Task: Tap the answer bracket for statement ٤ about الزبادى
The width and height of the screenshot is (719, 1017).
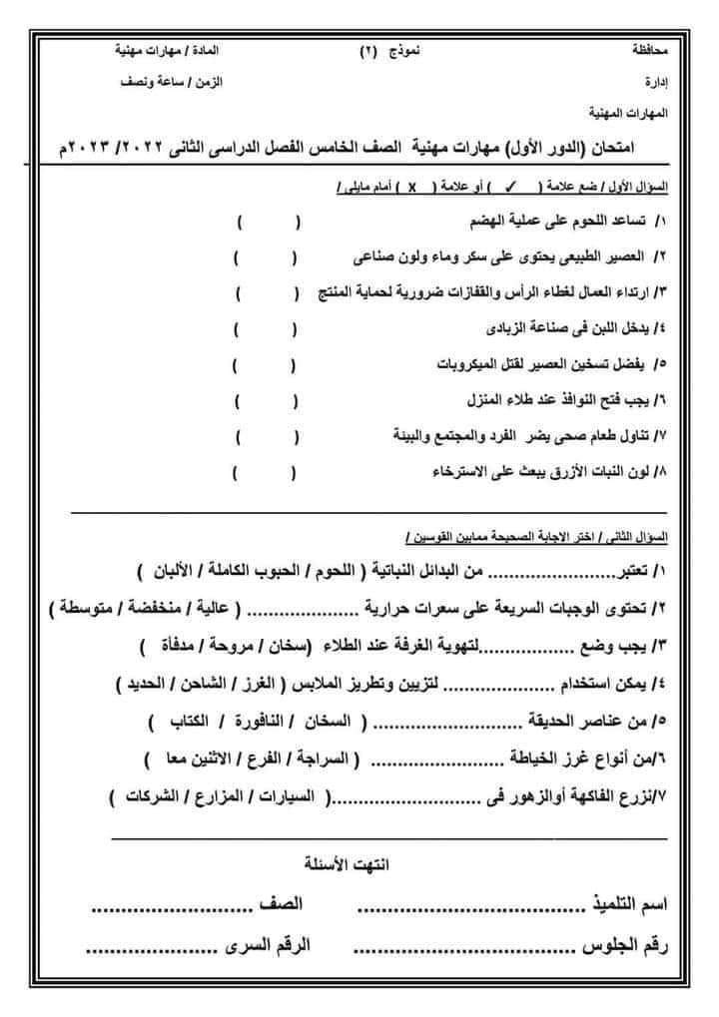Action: point(265,327)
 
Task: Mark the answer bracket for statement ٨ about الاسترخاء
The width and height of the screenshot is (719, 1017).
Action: point(265,472)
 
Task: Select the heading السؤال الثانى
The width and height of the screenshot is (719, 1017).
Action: point(645,537)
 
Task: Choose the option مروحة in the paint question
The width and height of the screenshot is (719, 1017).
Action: point(265,648)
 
